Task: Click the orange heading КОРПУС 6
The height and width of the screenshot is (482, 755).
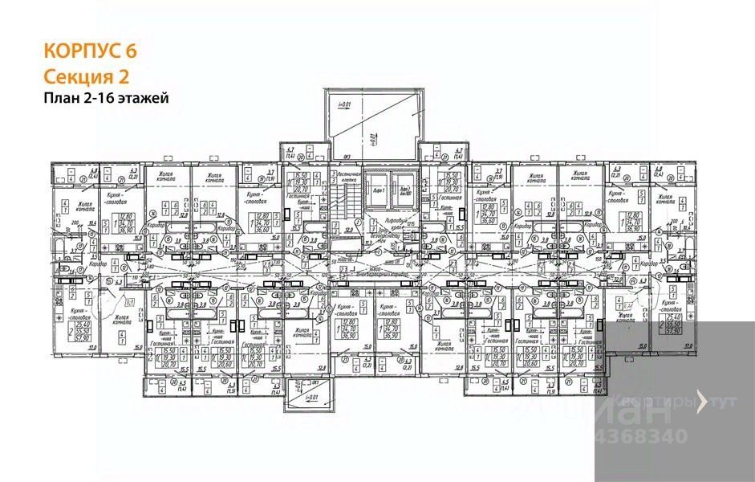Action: [x=90, y=51]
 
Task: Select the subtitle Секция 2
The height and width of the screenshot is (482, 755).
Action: [x=86, y=76]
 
